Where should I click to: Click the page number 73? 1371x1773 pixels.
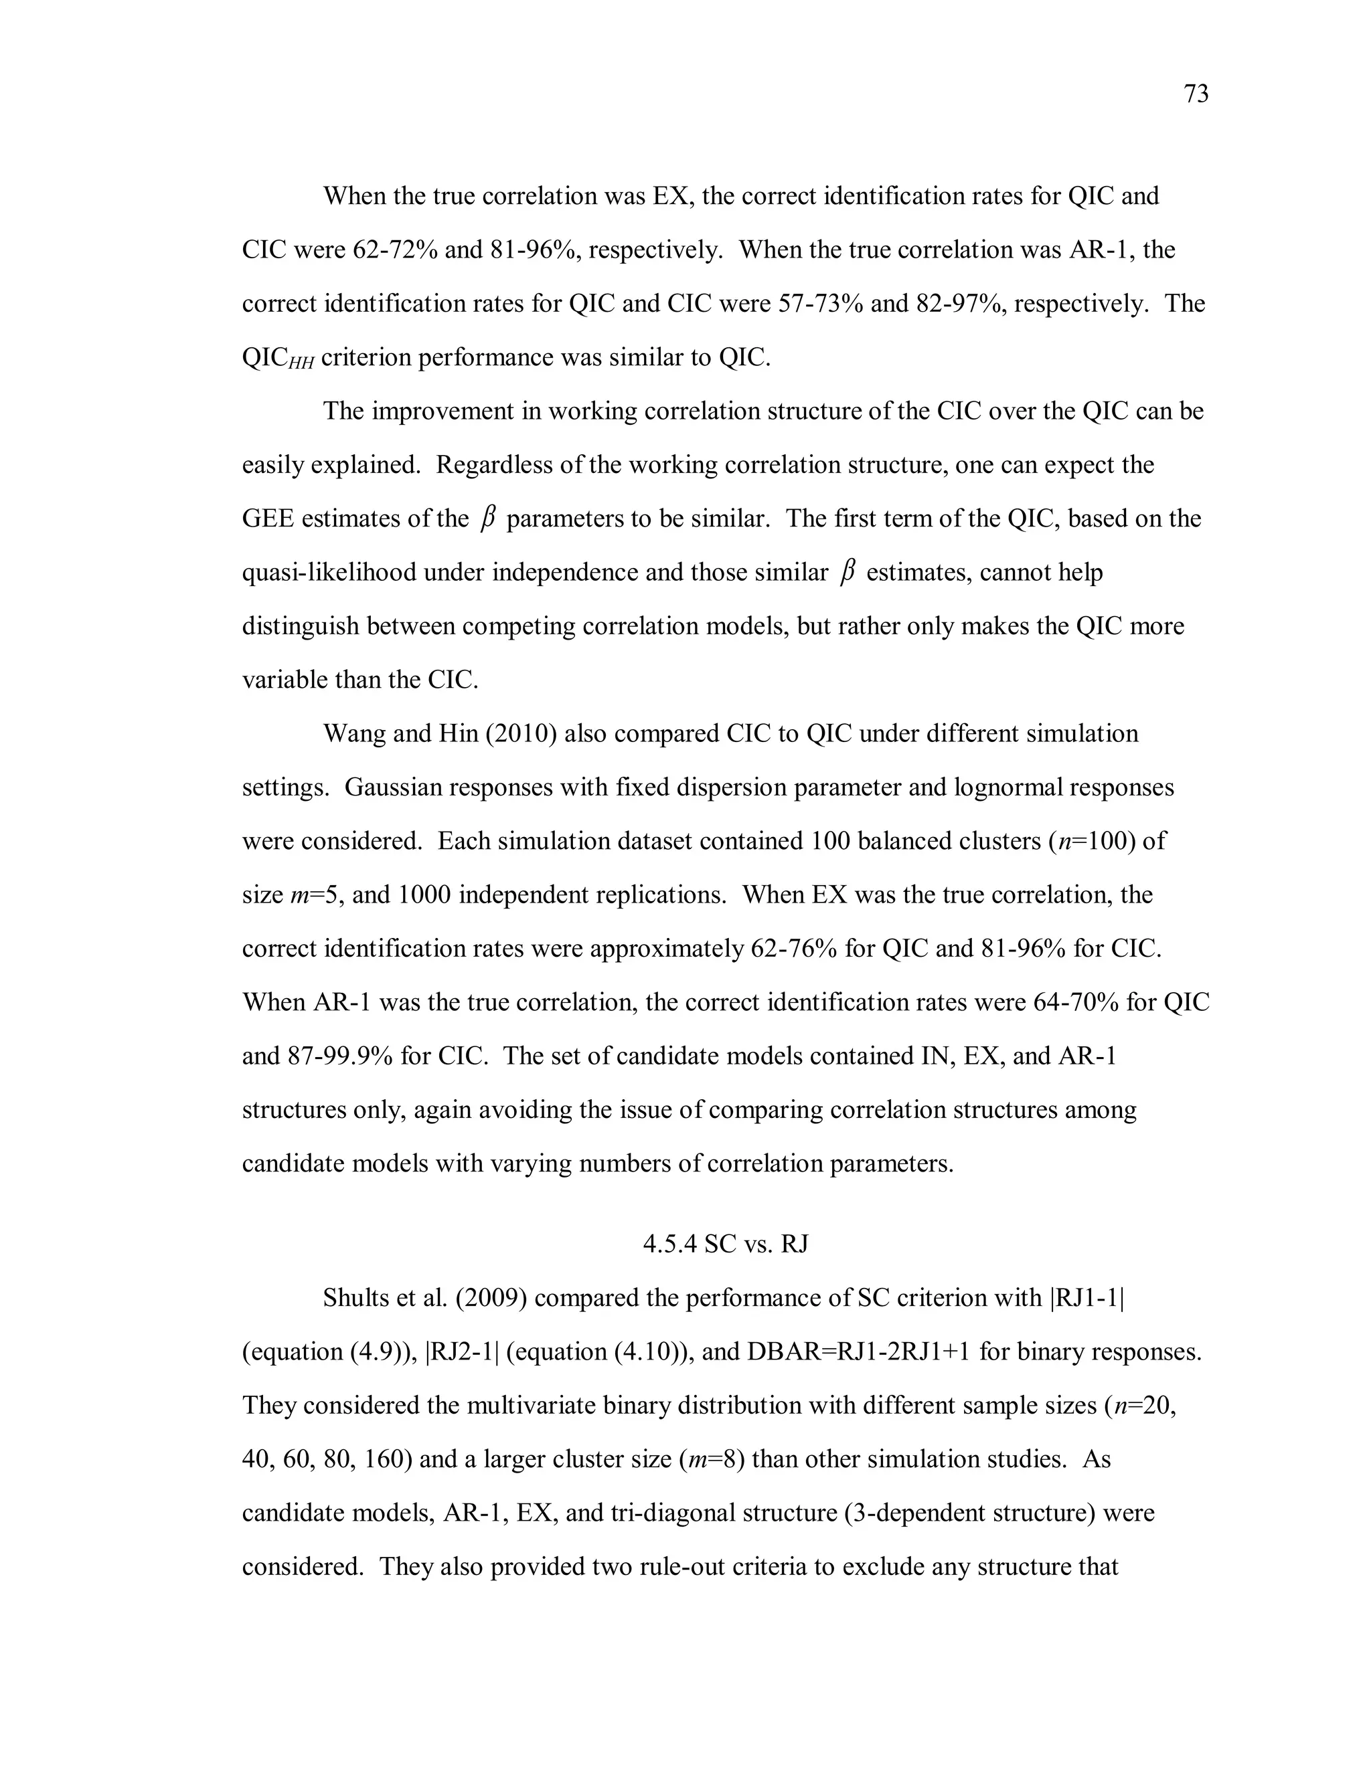click(x=1196, y=94)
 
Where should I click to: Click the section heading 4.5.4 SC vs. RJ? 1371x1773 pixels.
click(x=725, y=1244)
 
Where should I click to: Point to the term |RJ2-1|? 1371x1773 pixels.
click(x=461, y=1351)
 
